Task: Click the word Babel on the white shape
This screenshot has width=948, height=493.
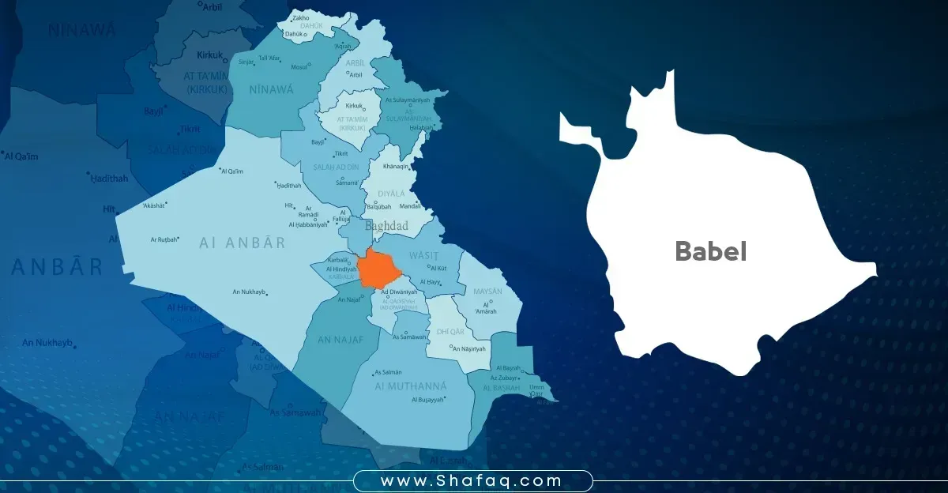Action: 710,251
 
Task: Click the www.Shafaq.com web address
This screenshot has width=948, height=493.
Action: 472,480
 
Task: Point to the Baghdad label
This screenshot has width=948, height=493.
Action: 386,226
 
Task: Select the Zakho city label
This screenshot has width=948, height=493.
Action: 301,17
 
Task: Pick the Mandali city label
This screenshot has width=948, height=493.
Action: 411,205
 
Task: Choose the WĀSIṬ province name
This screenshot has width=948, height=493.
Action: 423,256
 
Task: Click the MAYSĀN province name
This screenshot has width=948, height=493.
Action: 487,292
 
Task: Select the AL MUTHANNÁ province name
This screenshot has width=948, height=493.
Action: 411,386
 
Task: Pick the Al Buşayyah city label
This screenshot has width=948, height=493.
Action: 427,400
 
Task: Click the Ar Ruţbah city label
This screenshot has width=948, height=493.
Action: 164,239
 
